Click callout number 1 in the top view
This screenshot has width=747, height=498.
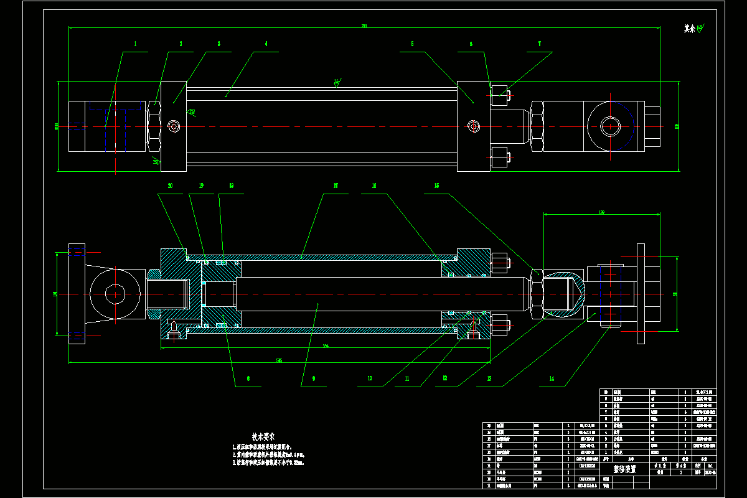135,44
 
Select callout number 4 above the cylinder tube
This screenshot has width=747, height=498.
266,44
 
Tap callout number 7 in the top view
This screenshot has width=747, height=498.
540,44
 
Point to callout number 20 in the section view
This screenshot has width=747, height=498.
170,186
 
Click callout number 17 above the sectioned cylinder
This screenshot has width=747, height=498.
336,186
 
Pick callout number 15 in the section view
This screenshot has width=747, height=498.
436,186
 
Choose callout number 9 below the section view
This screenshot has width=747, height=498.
313,378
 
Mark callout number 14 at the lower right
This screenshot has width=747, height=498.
551,378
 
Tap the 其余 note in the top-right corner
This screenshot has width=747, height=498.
688,29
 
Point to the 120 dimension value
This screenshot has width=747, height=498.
602,212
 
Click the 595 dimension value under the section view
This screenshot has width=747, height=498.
280,360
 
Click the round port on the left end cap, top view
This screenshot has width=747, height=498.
174,126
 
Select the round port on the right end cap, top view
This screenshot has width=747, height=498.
474,126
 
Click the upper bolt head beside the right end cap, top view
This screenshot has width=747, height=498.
500,98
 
